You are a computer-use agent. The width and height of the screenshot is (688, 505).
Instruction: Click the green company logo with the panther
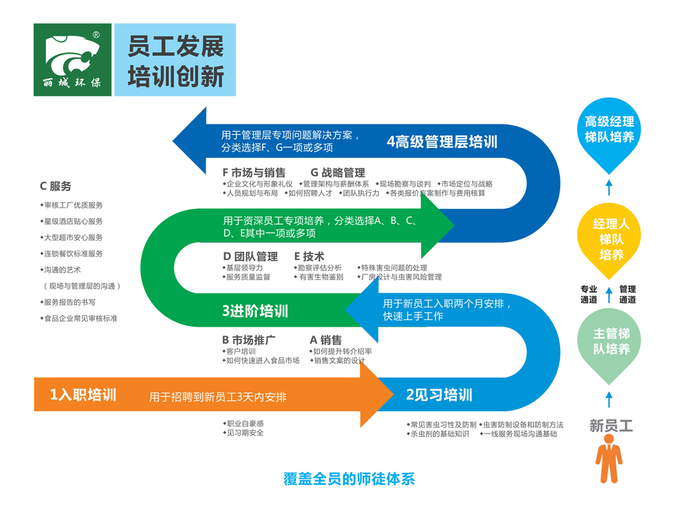72,60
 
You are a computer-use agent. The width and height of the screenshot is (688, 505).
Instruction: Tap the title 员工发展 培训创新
175,61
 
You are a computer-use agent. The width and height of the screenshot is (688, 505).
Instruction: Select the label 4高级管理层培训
442,142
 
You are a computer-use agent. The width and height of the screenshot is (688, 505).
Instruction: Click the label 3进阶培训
255,311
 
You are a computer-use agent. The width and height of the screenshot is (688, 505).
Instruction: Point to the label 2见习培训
439,395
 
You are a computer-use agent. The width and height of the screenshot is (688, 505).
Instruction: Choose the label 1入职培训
83,395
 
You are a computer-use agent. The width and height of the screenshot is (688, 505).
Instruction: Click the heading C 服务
56,186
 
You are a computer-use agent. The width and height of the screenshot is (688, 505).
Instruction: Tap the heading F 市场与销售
253,173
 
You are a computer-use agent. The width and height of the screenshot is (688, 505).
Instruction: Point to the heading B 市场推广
249,340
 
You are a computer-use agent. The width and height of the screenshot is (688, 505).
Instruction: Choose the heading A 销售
326,340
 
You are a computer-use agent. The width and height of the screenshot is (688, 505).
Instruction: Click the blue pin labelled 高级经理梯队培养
609,133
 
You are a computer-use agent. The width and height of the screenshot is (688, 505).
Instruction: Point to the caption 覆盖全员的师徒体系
350,479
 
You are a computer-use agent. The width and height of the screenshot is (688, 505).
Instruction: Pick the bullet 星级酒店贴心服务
74,222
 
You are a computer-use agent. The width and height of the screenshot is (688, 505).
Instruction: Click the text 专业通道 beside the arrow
589,294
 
